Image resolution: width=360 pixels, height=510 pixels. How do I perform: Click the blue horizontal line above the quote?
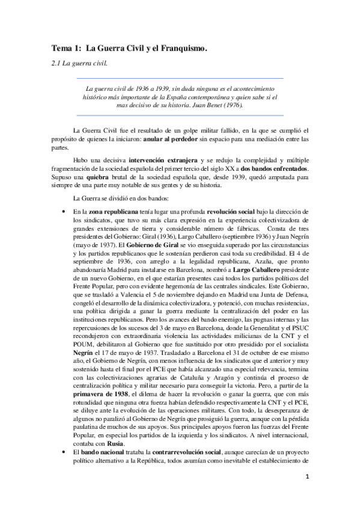180,78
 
